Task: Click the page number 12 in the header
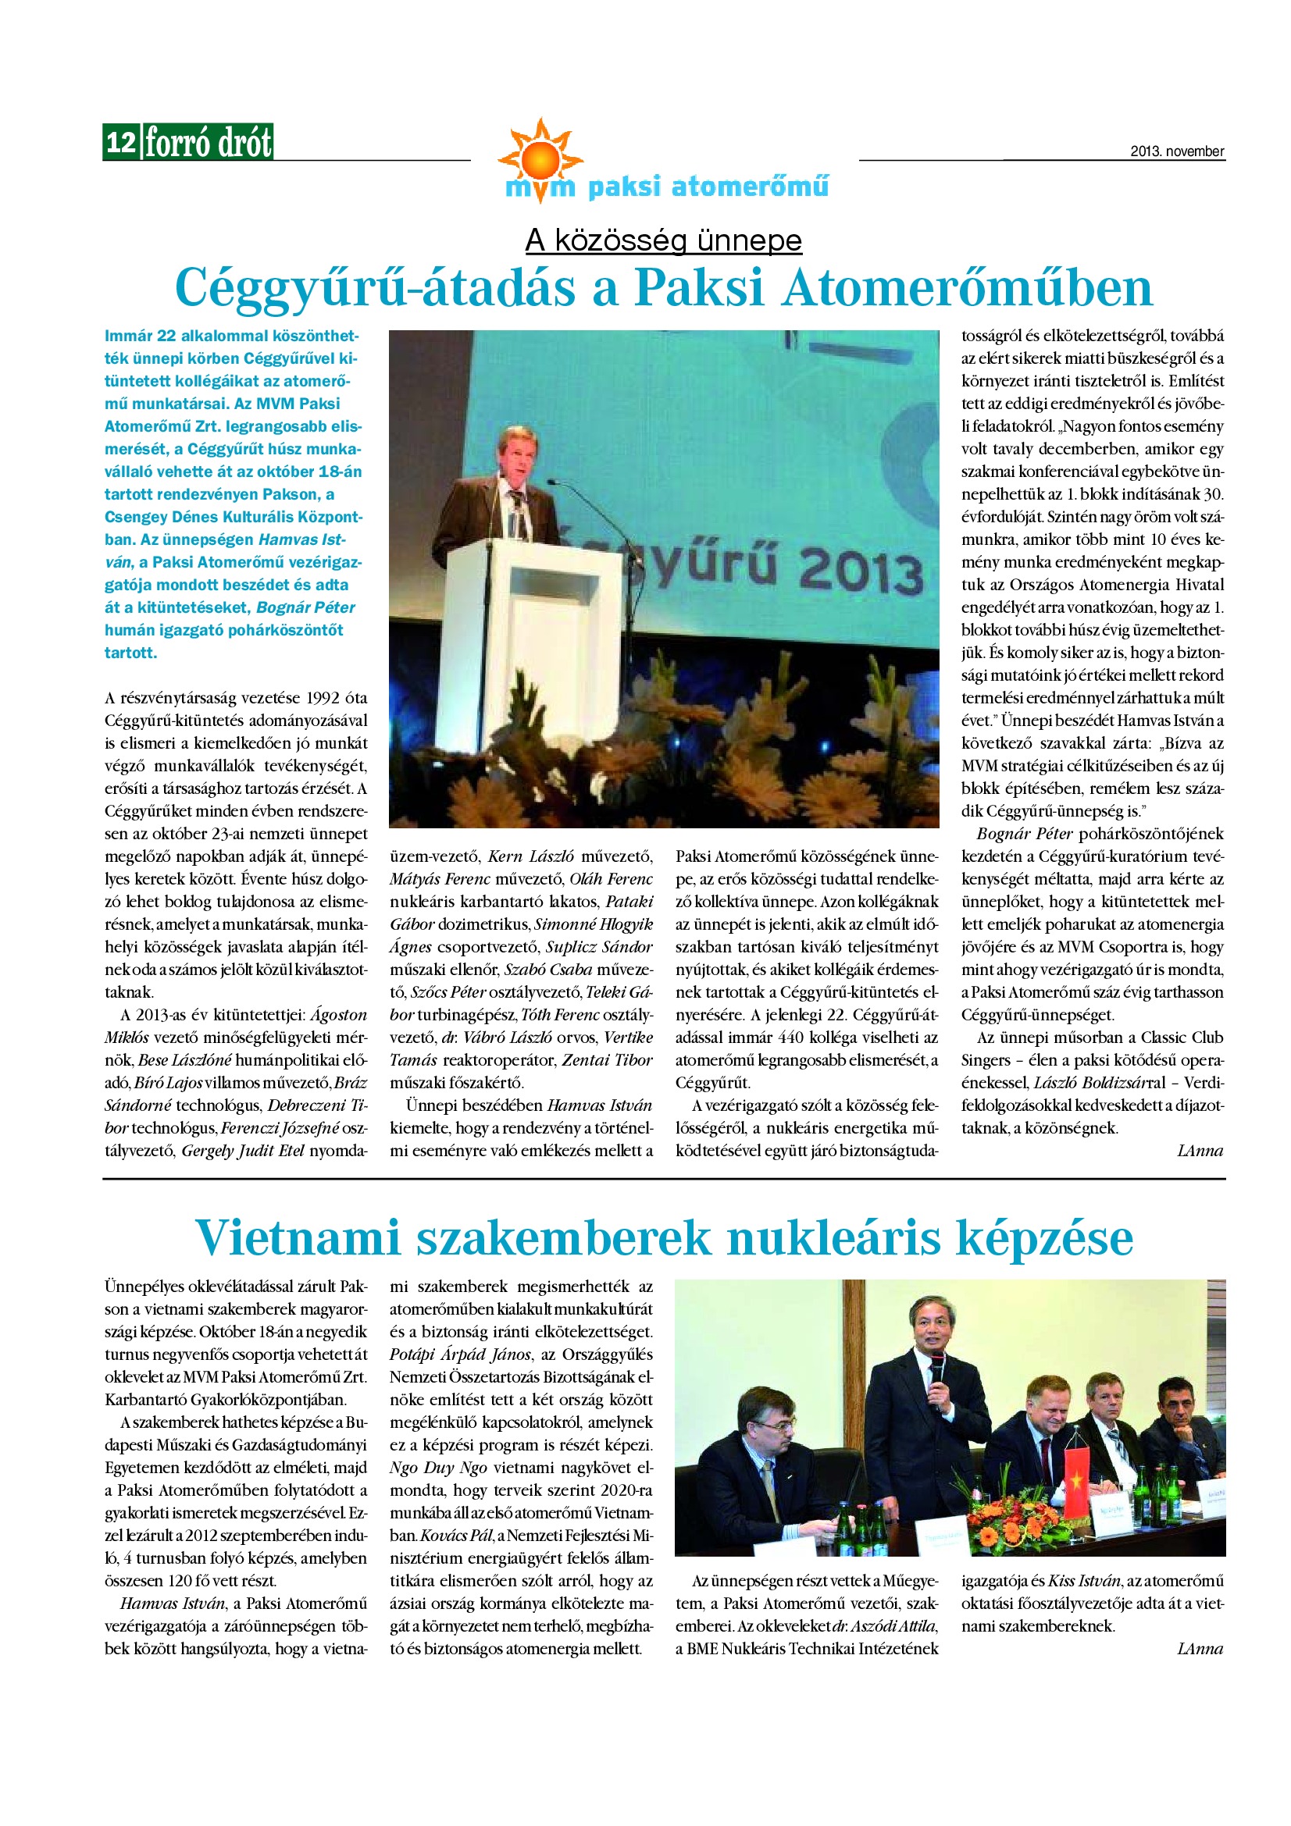tap(121, 142)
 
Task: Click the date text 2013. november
tap(1176, 151)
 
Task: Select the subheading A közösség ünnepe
tap(663, 240)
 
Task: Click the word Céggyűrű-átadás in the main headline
tap(375, 288)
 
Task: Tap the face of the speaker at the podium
tap(517, 452)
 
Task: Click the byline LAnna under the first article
tap(1200, 1151)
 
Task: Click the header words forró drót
tap(209, 143)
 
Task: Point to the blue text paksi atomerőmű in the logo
tap(707, 187)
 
